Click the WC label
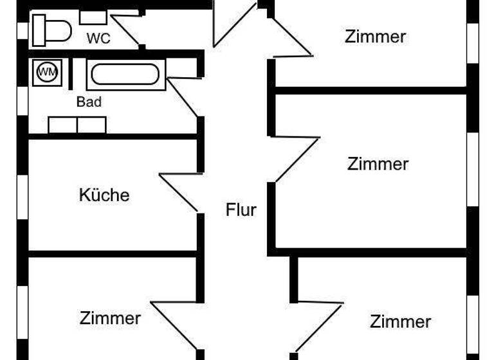98,39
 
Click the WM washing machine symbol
46,72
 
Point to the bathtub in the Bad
125,74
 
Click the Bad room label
89,102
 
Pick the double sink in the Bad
77,125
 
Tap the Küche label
104,194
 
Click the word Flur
241,210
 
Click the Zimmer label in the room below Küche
110,318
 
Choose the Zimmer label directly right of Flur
378,164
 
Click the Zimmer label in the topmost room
375,37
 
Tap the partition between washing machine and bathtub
71,73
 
